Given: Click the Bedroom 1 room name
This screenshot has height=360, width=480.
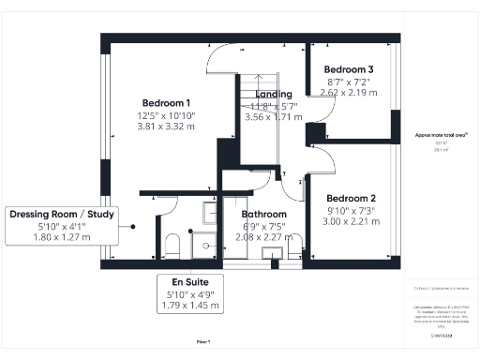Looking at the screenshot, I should [166, 102].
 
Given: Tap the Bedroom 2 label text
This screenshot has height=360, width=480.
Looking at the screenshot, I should [351, 198].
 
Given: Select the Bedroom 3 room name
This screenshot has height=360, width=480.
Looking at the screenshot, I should [348, 69].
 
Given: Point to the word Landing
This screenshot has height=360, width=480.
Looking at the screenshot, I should [273, 94].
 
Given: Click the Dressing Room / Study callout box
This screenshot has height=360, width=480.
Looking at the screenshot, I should [62, 226].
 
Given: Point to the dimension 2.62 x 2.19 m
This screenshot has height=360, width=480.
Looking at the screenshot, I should [348, 94].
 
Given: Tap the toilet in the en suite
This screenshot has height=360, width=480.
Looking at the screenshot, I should [172, 247].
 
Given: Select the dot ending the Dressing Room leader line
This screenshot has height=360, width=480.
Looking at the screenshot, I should [134, 226].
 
